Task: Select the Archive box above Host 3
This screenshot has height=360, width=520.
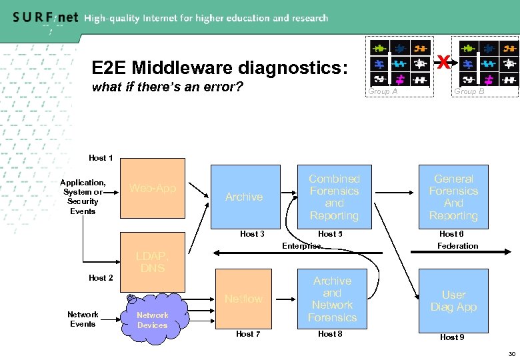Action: point(244,195)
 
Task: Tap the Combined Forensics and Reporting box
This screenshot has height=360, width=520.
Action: point(333,197)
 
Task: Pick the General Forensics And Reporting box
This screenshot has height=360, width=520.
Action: point(453,197)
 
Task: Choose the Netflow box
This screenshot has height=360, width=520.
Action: point(243,298)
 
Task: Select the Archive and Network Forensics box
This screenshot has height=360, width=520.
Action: point(332,299)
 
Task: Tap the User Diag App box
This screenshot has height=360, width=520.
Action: point(453,300)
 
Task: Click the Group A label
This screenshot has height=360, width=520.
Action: point(383,91)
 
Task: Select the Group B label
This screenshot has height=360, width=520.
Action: point(469,91)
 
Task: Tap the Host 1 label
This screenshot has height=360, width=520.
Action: point(101,158)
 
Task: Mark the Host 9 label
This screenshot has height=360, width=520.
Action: point(452,337)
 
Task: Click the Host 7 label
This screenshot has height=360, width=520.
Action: point(248,334)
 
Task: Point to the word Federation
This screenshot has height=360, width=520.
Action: point(457,246)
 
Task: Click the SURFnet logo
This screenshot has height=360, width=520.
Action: point(44,18)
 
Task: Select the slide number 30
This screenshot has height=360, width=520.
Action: point(512,354)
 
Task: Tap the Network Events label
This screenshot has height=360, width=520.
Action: point(83,319)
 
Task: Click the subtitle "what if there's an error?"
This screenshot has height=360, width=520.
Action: point(167,87)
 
